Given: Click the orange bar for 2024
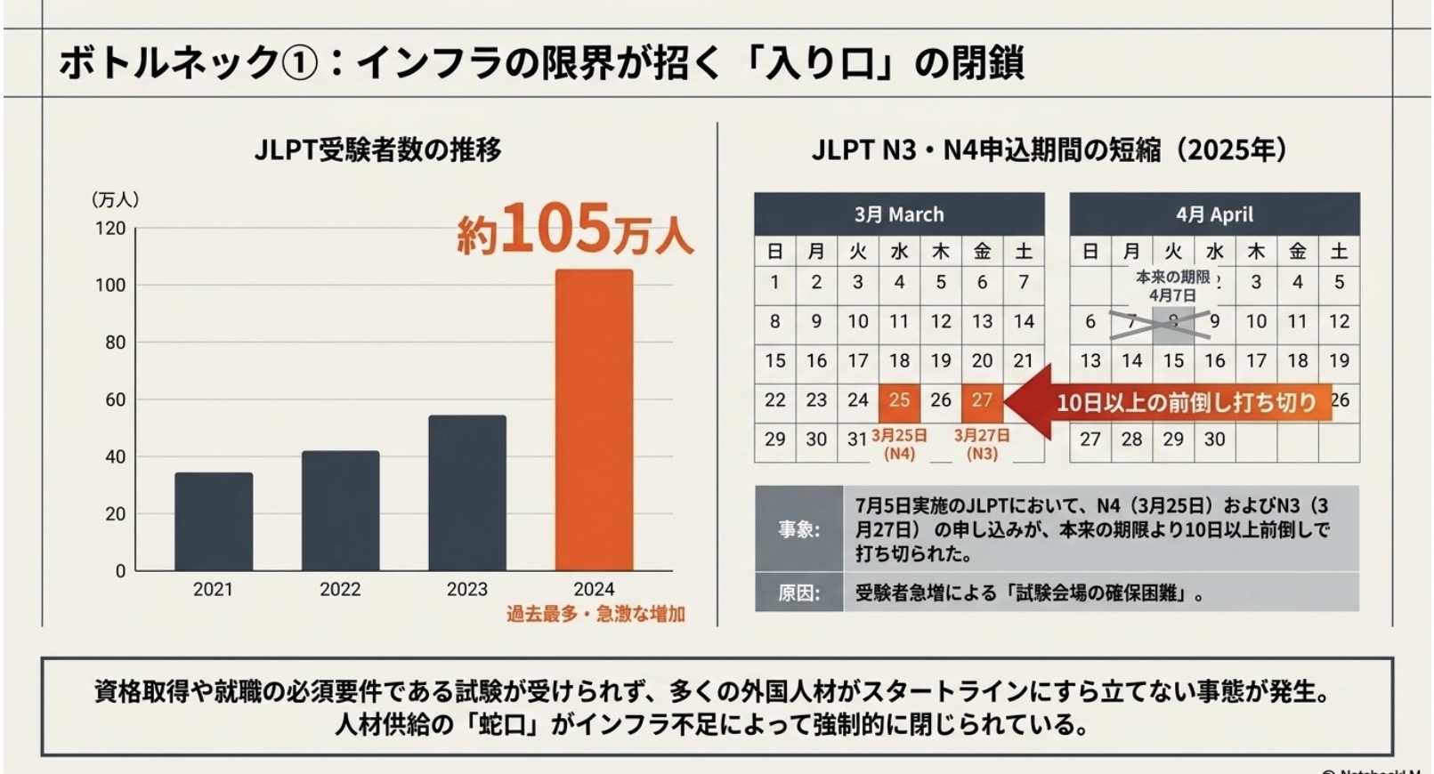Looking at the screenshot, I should [x=594, y=419].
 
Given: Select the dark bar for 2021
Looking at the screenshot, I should [x=214, y=521].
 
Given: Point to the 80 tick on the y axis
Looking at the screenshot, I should [x=115, y=343].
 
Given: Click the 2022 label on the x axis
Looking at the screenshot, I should [x=340, y=589].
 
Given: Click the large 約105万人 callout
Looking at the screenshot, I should [x=574, y=230].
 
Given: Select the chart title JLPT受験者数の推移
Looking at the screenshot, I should [x=377, y=149].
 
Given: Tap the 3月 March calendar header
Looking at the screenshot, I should [x=899, y=214].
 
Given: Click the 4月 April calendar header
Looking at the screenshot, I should [x=1214, y=214].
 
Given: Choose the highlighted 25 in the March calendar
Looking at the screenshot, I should [x=899, y=400].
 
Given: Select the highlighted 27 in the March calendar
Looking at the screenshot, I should [x=982, y=400].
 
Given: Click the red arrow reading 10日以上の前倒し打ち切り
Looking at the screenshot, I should [x=1175, y=402].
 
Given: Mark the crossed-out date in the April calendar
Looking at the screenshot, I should [x=1173, y=323].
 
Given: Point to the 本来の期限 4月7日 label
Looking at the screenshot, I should [x=1172, y=286].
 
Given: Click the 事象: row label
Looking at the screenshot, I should [x=798, y=529].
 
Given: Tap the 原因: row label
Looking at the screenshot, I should [x=798, y=593].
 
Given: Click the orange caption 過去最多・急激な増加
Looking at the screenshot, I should [x=595, y=614].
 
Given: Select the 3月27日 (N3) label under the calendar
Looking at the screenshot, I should [x=982, y=444].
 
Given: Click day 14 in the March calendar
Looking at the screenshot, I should [x=1024, y=321].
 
